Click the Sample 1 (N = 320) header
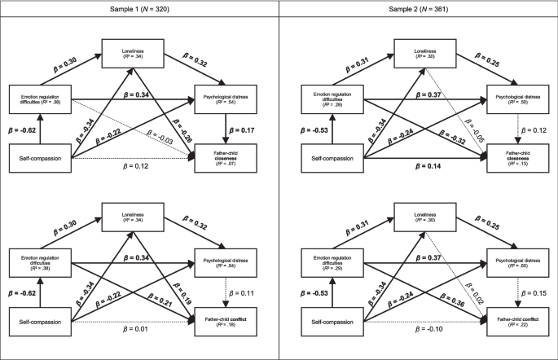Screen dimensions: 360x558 [x=139, y=7]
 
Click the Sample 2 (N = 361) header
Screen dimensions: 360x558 [x=417, y=7]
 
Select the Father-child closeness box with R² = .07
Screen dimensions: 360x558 [x=225, y=156]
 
